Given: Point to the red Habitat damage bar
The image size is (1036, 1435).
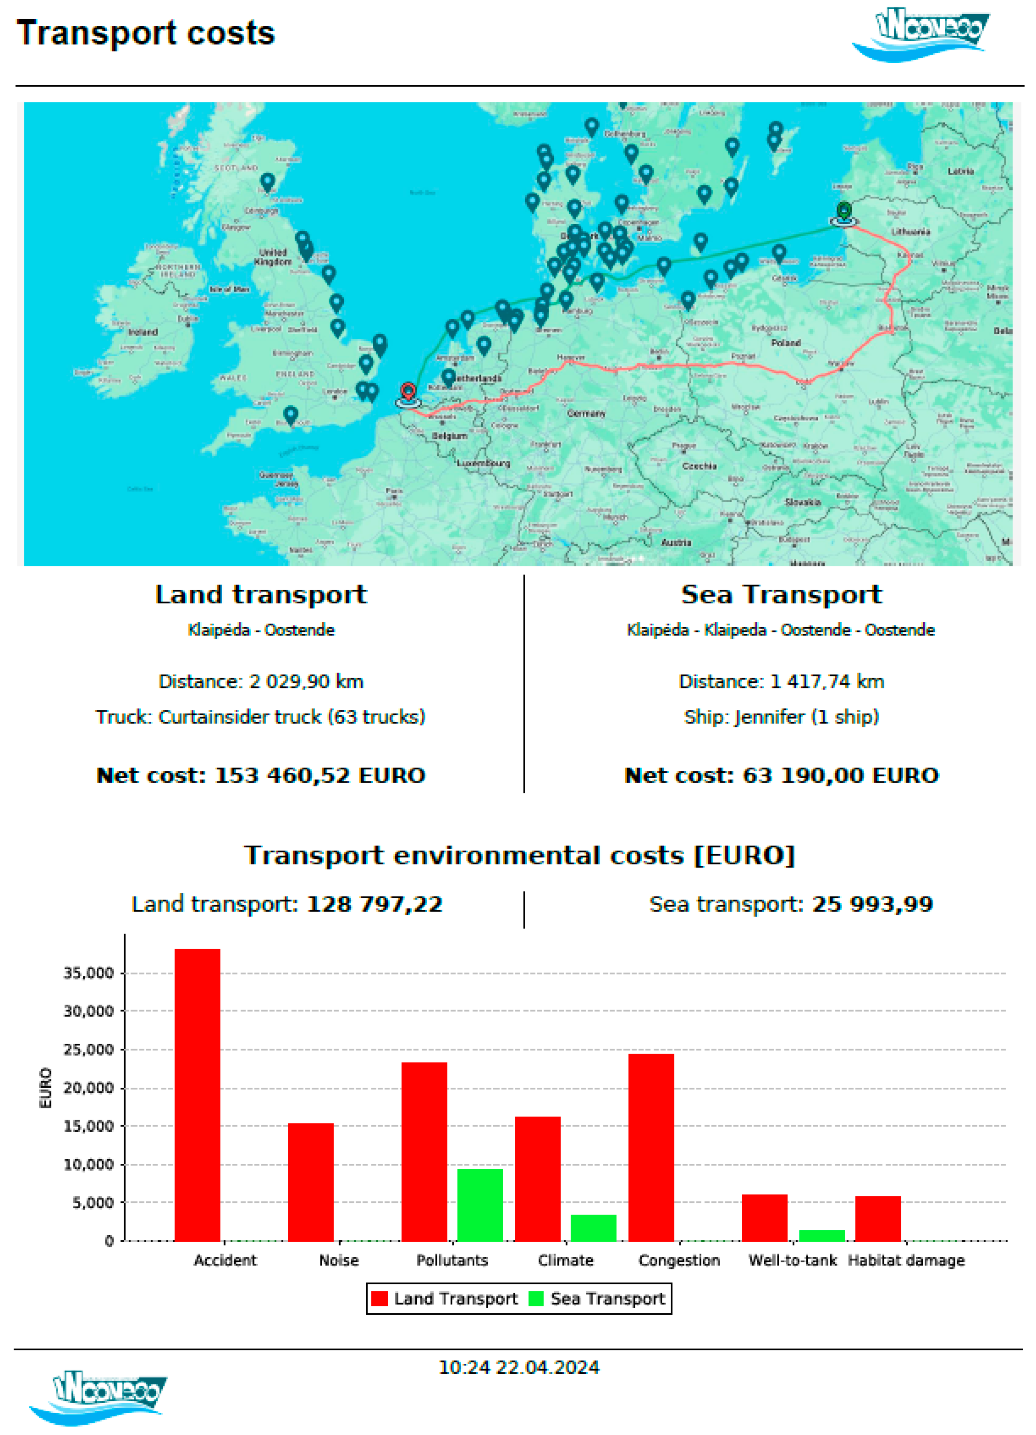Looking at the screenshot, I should click(x=878, y=1218).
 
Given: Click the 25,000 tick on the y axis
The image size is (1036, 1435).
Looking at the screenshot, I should click(x=88, y=1050).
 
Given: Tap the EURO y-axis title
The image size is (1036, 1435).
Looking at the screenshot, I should click(x=45, y=1088).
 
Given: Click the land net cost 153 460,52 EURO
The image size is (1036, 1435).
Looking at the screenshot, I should click(x=261, y=775).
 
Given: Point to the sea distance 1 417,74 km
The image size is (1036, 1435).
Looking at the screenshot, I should click(x=781, y=681).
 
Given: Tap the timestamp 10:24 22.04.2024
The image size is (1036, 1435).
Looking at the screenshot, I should click(x=519, y=1367).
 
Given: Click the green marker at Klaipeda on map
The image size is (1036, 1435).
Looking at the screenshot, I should click(x=844, y=211).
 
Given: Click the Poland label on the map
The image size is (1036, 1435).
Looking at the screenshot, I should click(x=786, y=342).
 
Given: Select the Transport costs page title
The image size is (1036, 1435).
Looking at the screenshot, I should click(x=145, y=33).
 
